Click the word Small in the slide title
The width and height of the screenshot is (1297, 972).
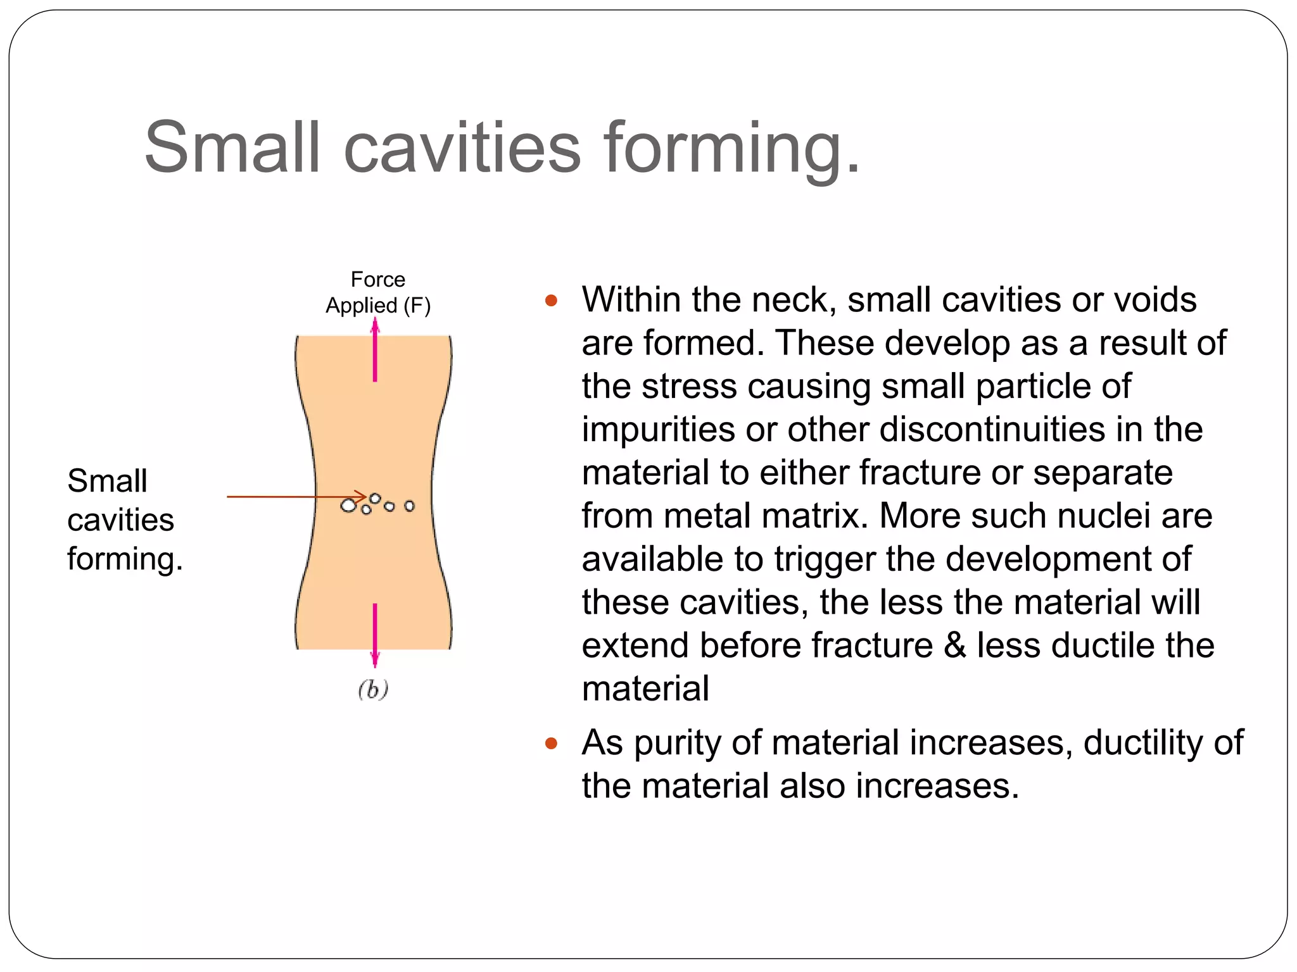click(x=232, y=147)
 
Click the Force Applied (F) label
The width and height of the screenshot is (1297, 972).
click(x=378, y=292)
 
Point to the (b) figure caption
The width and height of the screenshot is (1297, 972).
click(x=373, y=689)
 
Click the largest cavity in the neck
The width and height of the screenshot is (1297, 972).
click(x=348, y=506)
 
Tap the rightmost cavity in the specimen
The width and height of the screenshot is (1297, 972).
click(x=410, y=506)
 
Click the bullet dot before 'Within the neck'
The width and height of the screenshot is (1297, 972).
click(x=551, y=301)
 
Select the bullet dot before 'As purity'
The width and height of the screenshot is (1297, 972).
click(x=551, y=744)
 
